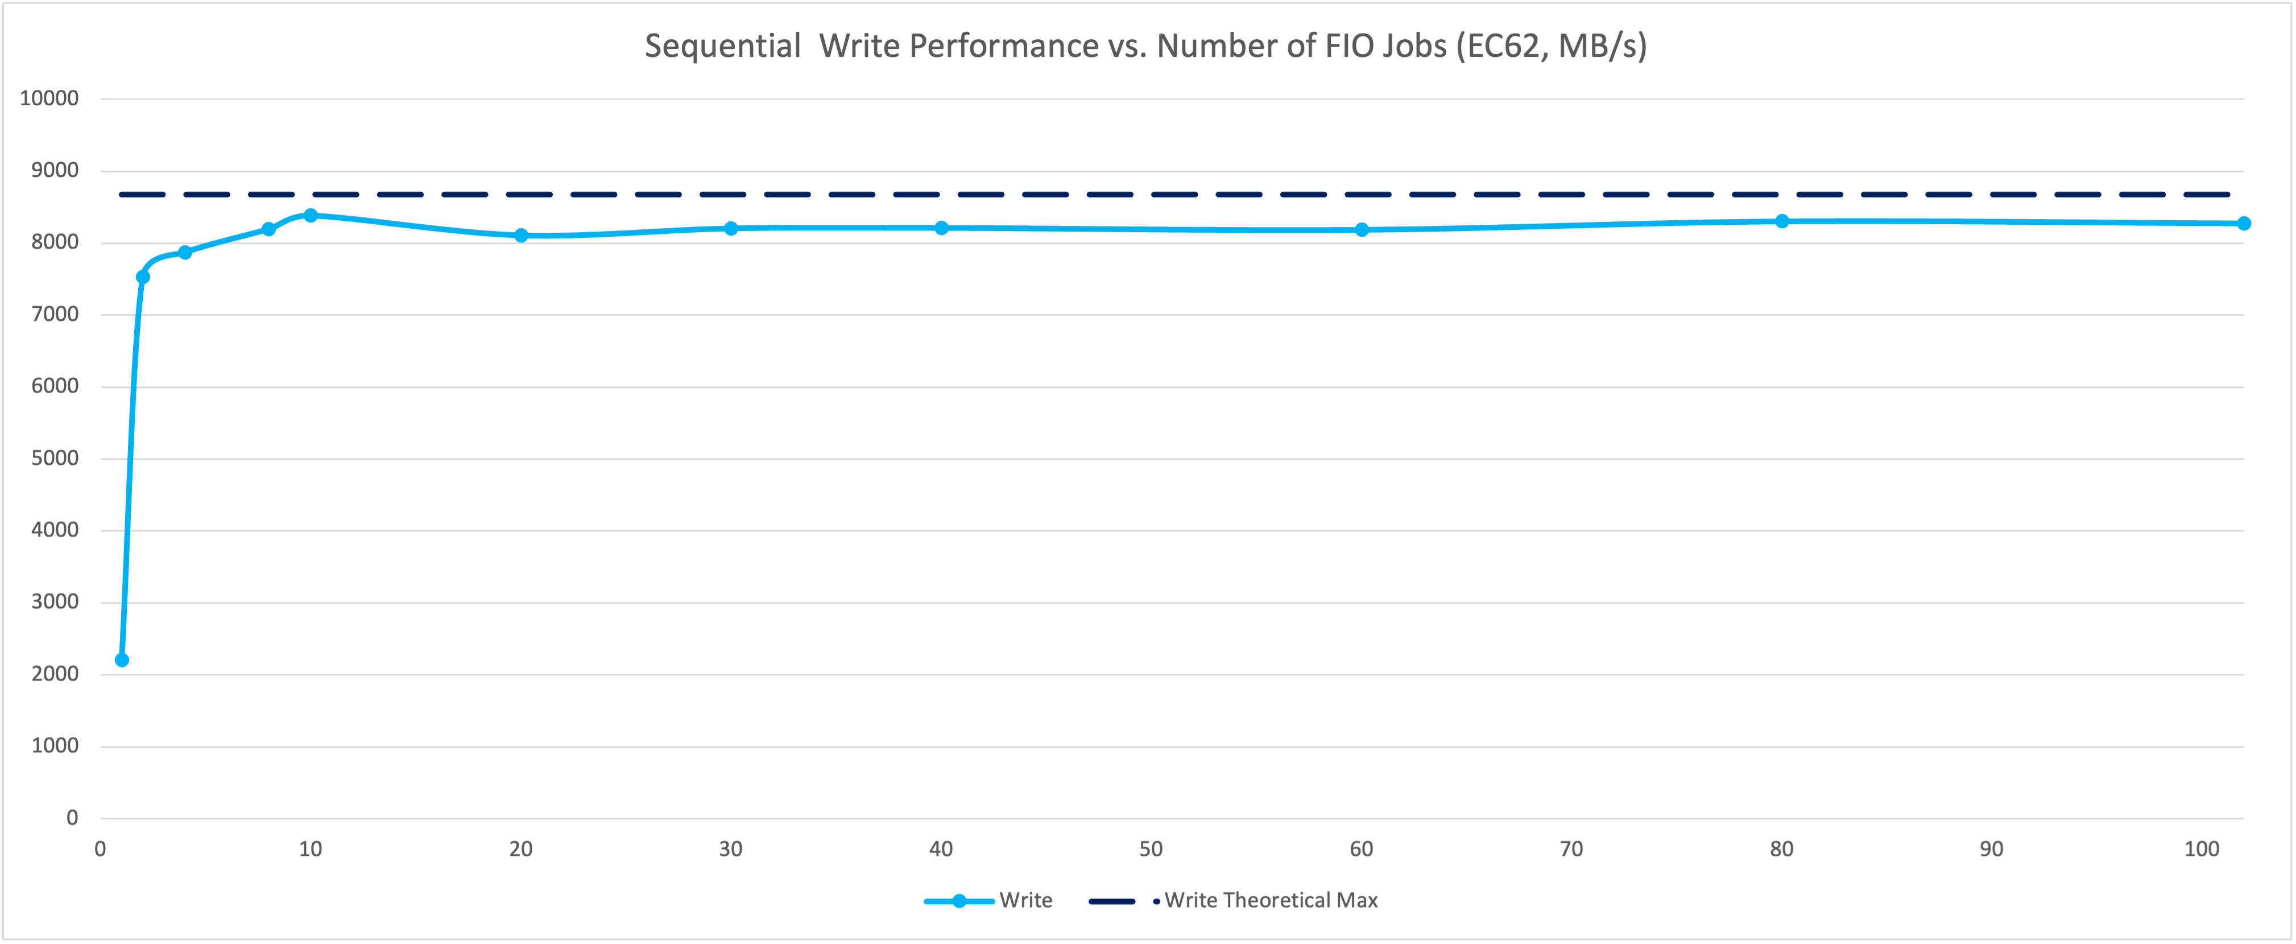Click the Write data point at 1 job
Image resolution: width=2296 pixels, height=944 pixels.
tap(122, 659)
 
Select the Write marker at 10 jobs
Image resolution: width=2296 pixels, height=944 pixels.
tap(310, 216)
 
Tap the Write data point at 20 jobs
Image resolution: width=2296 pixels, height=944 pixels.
tap(522, 236)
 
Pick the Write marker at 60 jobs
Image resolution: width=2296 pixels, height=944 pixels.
tap(1361, 230)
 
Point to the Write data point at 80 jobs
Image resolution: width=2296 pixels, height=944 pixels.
tap(1782, 221)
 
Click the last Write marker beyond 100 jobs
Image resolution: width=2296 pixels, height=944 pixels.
tap(2244, 224)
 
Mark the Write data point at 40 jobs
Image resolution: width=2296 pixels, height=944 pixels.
tap(941, 228)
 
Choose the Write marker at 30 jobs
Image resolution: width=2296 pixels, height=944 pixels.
tap(731, 228)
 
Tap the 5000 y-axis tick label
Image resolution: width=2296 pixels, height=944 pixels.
tap(55, 458)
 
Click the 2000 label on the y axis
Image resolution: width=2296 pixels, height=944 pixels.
tap(55, 674)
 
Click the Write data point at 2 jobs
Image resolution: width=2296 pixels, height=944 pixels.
tap(143, 277)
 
